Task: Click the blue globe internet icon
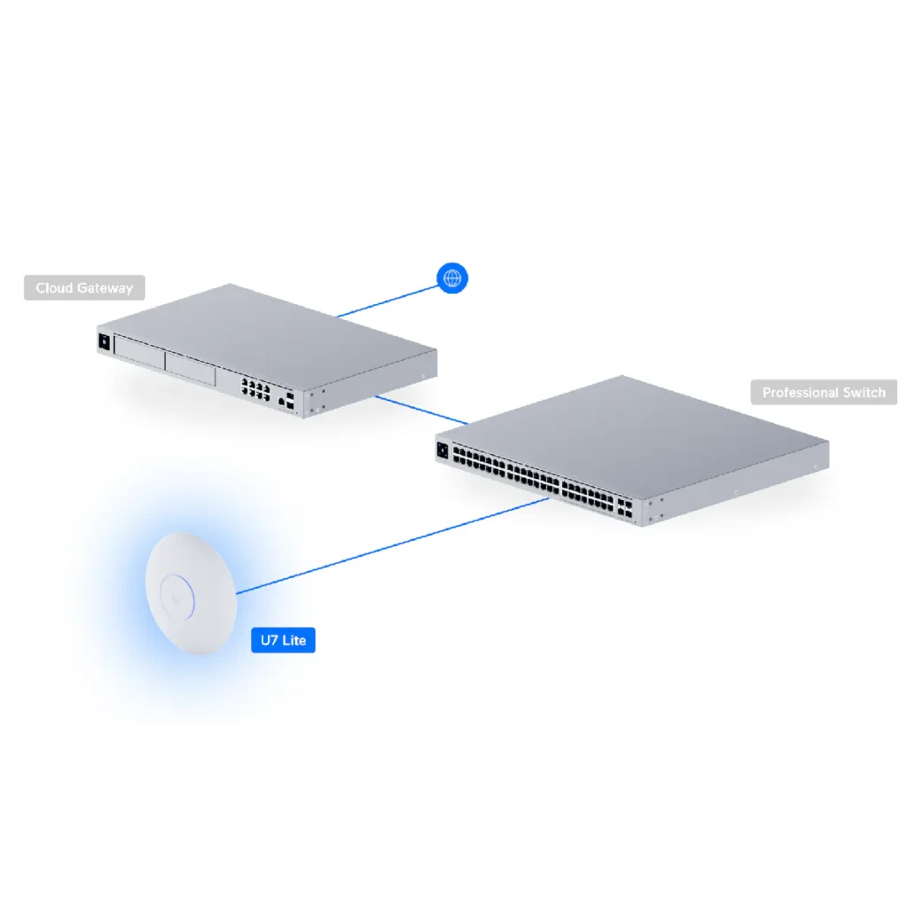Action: [x=452, y=278]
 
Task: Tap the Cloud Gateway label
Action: [x=84, y=288]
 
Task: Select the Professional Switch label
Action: [x=824, y=392]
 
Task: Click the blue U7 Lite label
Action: [x=283, y=639]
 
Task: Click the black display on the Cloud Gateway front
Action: [x=105, y=341]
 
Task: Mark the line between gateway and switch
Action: [x=421, y=410]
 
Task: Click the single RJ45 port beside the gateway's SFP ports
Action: [x=281, y=402]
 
